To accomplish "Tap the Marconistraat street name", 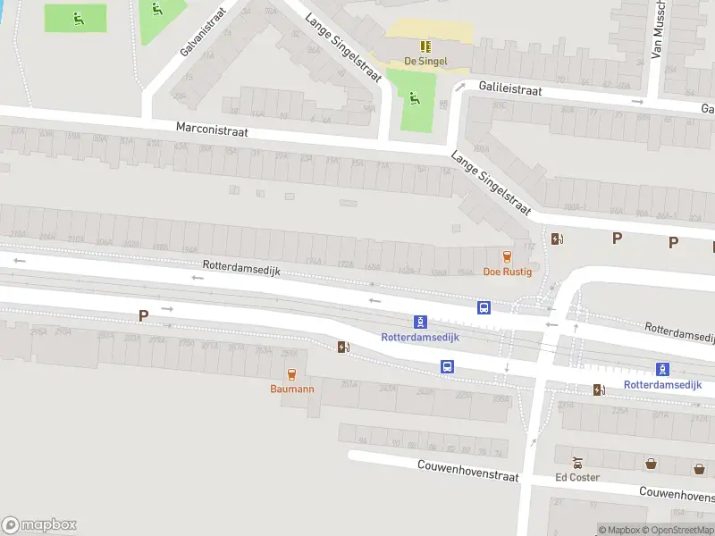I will point(212,130).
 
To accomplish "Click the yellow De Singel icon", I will point(425,46).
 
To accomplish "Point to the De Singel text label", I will point(425,62).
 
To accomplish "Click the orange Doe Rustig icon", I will point(508,256).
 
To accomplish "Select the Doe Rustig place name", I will point(508,272).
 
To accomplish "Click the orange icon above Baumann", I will point(291,374).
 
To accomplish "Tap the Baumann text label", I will point(292,389).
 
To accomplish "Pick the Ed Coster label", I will point(577,478).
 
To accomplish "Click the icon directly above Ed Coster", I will point(578,464).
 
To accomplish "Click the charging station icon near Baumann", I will point(342,348).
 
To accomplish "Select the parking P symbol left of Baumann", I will point(143,315).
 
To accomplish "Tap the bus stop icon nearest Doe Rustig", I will point(484,308).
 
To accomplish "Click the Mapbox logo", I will point(38,525).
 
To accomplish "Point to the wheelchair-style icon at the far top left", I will point(79,17).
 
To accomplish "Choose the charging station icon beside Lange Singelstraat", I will point(558,239).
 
